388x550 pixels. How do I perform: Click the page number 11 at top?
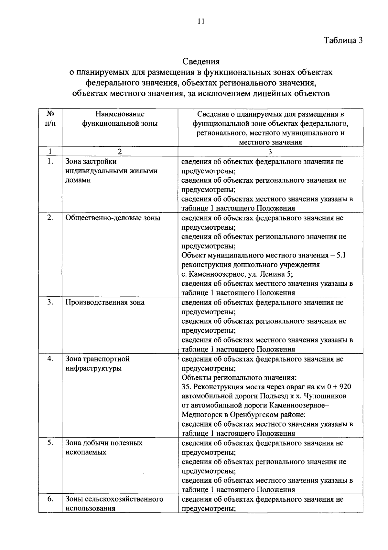[200, 22]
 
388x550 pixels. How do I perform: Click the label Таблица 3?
[343, 40]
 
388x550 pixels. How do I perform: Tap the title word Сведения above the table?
[201, 61]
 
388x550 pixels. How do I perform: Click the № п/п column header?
[50, 119]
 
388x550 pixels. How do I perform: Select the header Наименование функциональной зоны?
[120, 119]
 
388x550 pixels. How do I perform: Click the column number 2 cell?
[120, 151]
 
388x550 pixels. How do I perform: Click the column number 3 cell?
[270, 151]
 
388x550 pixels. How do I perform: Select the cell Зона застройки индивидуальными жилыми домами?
[111, 171]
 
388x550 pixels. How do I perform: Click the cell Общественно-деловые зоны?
[113, 218]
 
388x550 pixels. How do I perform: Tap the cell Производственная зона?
[105, 303]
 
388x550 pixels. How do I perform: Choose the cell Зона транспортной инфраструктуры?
[97, 363]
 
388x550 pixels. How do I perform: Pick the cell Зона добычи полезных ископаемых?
[104, 448]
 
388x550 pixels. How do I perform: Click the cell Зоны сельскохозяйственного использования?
[114, 504]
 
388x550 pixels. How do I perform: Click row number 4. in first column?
[50, 359]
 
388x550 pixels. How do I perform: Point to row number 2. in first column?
[50, 218]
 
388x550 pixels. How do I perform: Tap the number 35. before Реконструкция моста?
[187, 387]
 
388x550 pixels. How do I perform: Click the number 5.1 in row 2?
[341, 256]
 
